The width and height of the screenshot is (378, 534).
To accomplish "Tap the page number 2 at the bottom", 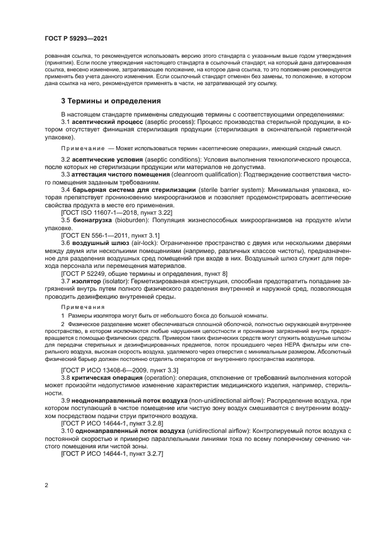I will click(45, 485).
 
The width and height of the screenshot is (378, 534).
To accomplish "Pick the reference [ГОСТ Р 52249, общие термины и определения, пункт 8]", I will click(144, 274).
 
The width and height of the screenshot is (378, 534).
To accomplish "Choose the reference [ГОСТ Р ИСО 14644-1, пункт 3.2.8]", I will click(113, 424).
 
